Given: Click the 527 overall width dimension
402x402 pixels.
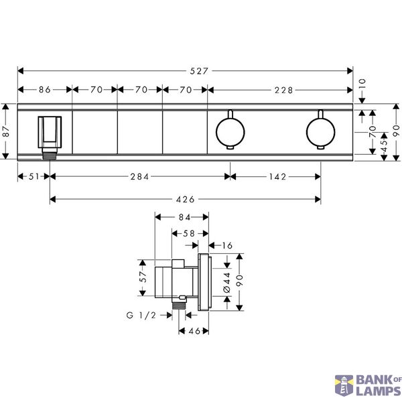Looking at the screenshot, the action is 199,71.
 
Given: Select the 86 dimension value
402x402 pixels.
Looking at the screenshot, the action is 45,90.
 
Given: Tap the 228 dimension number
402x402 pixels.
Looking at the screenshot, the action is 283,90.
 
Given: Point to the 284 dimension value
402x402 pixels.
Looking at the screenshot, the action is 139,177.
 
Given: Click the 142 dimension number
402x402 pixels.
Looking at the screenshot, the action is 277,177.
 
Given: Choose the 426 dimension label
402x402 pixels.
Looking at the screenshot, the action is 186,199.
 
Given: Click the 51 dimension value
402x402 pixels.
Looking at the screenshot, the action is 34,177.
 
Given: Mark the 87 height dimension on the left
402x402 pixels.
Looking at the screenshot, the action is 6,131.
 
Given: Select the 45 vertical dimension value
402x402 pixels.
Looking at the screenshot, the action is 384,146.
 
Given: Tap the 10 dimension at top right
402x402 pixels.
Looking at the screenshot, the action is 362,84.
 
